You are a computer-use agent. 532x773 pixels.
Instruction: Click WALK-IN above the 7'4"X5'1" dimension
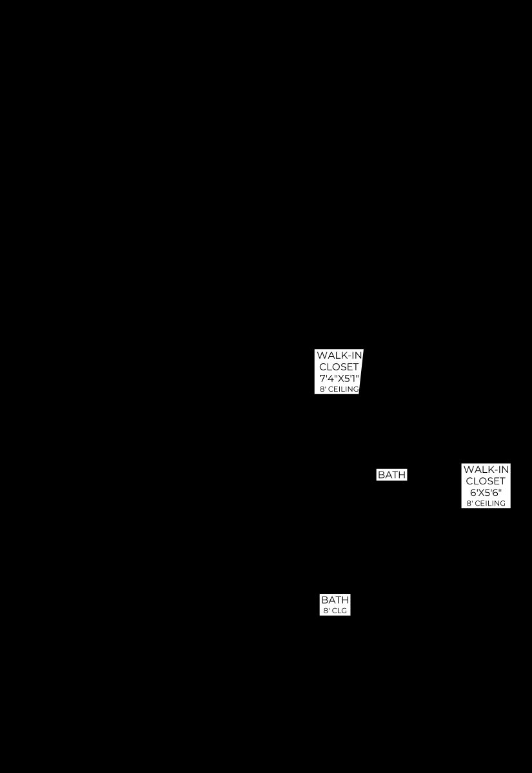[339, 355]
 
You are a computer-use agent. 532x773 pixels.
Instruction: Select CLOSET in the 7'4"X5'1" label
[339, 367]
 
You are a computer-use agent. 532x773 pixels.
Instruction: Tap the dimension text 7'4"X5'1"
[339, 379]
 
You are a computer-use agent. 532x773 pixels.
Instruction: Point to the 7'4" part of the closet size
[327, 379]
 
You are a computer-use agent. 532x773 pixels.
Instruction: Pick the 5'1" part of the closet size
[351, 379]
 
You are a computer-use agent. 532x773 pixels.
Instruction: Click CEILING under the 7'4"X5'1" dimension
[343, 389]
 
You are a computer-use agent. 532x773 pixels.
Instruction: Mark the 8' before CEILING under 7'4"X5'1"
[323, 389]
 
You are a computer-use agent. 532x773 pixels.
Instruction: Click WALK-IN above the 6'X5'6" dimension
[486, 470]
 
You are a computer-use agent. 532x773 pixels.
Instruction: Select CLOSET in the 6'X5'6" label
[486, 481]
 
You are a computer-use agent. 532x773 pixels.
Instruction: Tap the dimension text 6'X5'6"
[486, 492]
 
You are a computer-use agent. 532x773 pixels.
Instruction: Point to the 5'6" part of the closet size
[494, 492]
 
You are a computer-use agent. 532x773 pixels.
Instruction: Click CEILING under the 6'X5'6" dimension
[490, 503]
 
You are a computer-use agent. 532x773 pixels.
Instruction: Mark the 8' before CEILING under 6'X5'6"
[470, 503]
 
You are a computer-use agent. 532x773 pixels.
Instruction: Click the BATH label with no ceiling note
[392, 475]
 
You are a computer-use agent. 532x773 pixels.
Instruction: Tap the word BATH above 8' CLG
[335, 600]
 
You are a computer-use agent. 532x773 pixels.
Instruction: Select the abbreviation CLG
[340, 611]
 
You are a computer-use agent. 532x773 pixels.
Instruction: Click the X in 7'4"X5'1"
[339, 379]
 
